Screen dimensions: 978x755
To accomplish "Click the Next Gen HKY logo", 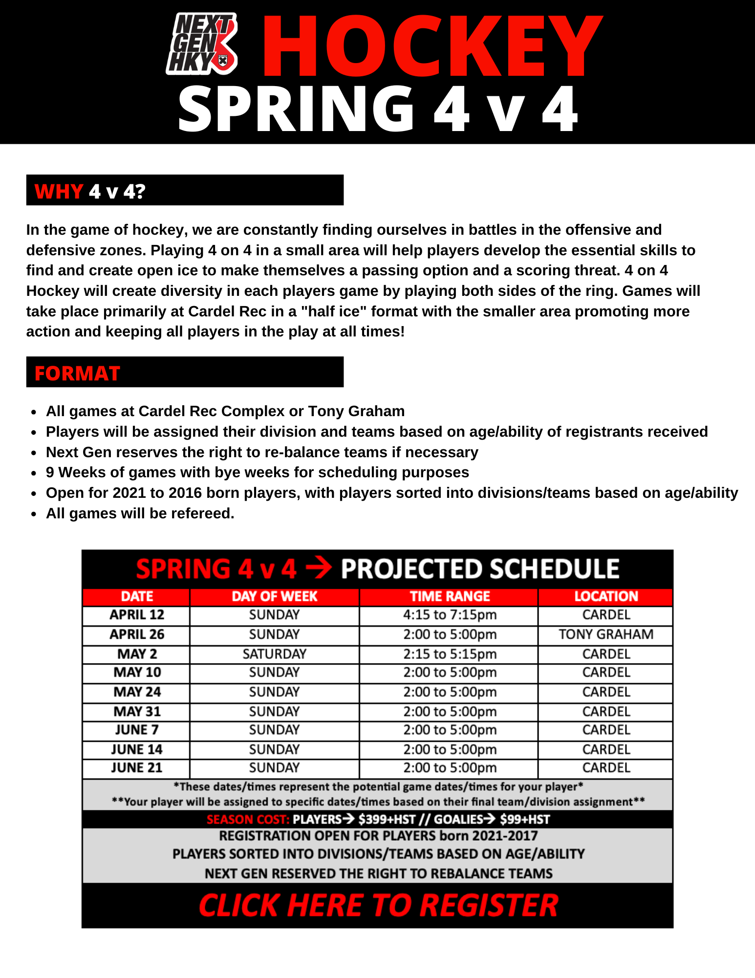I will pos(202,44).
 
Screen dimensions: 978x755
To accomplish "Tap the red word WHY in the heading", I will pos(59,191).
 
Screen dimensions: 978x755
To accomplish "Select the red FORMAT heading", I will pos(77,373).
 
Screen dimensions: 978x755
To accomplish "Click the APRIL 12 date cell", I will pos(137,615).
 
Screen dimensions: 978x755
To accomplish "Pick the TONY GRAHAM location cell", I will pos(606,634).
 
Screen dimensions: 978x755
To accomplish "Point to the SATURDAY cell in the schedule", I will pos(274,654).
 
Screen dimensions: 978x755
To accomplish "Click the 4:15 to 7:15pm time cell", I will pos(450,615).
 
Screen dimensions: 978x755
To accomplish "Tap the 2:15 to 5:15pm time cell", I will pos(450,654).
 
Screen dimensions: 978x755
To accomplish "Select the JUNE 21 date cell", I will pos(136,768).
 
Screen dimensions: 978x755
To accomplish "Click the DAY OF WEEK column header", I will pos(274,596).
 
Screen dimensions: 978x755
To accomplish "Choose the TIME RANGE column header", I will pos(450,596).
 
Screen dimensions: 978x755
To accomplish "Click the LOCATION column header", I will pos(606,596).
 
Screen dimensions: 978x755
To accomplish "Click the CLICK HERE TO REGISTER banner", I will pos(378,905).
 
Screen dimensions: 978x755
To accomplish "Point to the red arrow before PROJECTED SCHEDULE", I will pos(319,569).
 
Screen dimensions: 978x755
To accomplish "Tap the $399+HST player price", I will pos(387,819).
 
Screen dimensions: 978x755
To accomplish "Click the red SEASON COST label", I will pos(248,819).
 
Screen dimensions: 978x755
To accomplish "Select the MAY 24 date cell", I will pos(137,692).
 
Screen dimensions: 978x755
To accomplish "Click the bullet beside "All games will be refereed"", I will pos(34,514).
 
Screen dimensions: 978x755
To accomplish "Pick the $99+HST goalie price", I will pos(525,819).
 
